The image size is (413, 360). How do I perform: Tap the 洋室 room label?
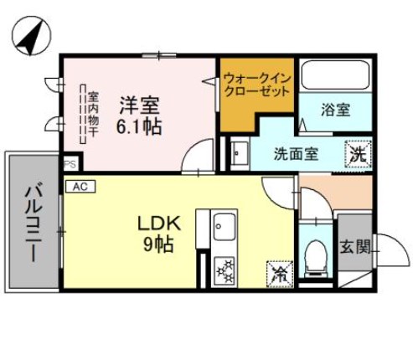pyautogui.click(x=138, y=106)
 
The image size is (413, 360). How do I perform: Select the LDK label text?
pyautogui.click(x=155, y=224)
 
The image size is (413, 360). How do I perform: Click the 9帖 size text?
pyautogui.click(x=157, y=245)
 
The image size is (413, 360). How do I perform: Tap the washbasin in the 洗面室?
pyautogui.click(x=239, y=153)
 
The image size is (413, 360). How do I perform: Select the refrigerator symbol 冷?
pyautogui.click(x=277, y=273)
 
